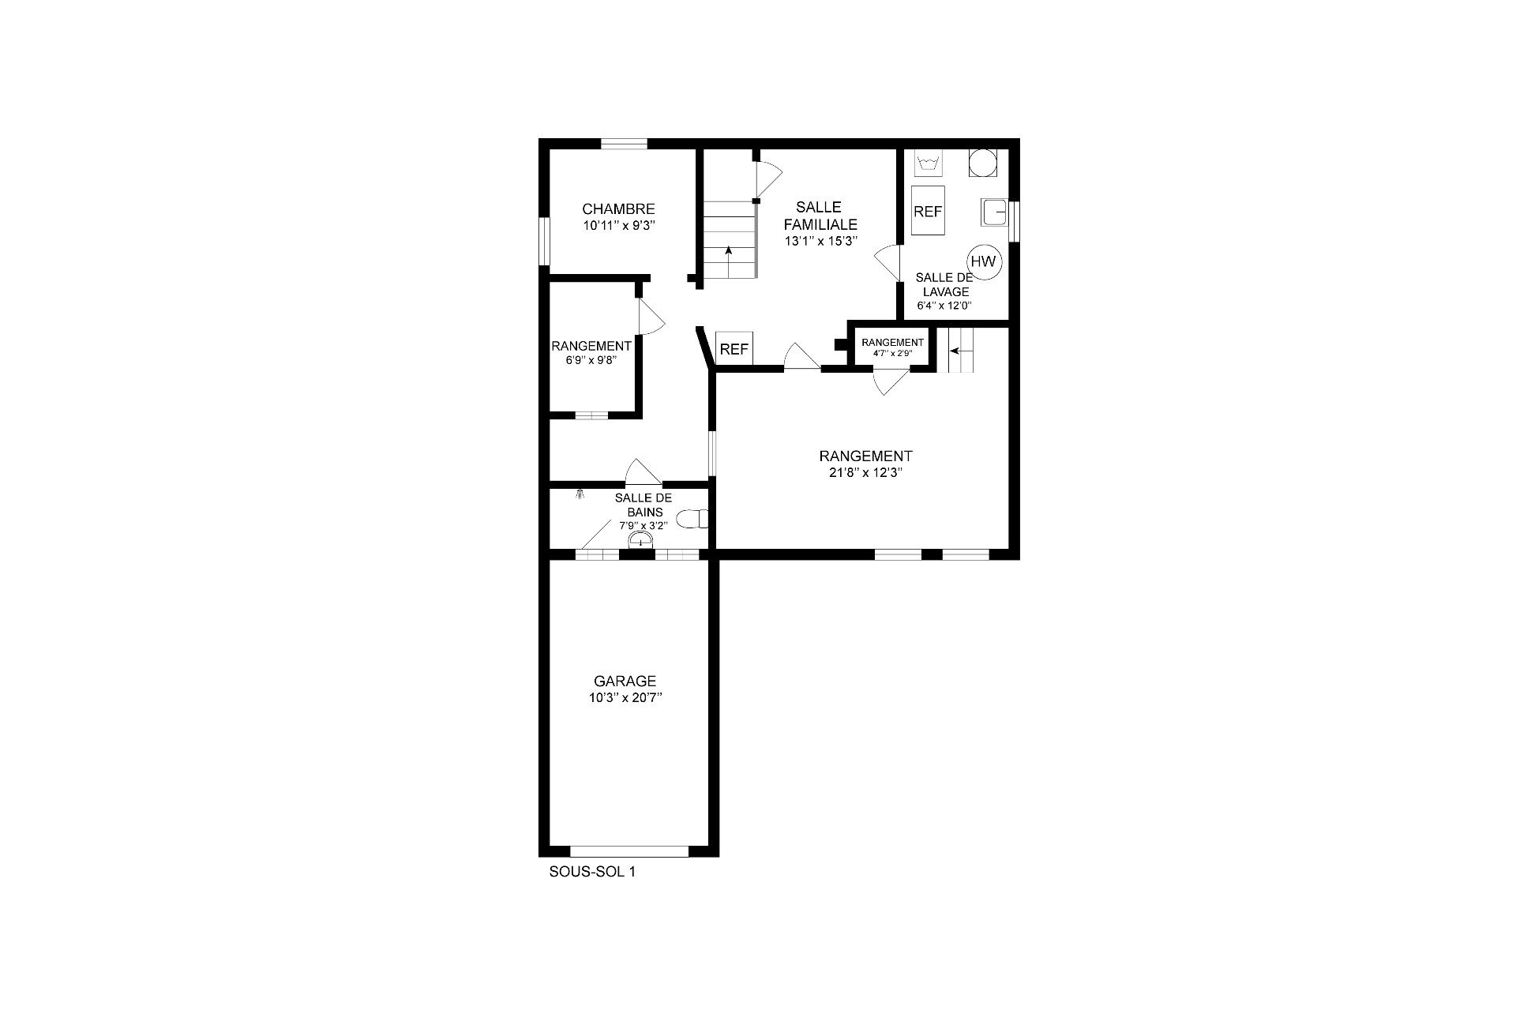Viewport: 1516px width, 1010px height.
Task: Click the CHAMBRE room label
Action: (x=618, y=209)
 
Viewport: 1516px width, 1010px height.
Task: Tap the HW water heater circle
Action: (x=984, y=261)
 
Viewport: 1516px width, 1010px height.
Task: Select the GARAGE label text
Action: (x=625, y=681)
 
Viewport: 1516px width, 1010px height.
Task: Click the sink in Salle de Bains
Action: (x=640, y=539)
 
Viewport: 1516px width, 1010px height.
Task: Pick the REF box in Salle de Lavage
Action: (x=928, y=212)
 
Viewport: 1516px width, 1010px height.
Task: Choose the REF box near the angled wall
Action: (x=734, y=349)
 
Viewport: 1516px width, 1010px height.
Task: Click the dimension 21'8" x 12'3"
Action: (x=865, y=473)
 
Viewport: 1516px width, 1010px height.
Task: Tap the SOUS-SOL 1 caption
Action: (x=592, y=873)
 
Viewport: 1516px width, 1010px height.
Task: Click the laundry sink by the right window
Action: (x=994, y=212)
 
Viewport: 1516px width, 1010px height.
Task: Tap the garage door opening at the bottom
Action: (x=629, y=851)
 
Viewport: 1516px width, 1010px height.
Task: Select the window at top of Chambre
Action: (x=625, y=144)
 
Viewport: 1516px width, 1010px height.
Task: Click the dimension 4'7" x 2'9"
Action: (x=892, y=353)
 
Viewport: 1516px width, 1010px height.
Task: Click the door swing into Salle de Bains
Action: (x=642, y=471)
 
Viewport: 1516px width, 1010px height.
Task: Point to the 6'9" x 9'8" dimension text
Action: (x=591, y=359)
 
